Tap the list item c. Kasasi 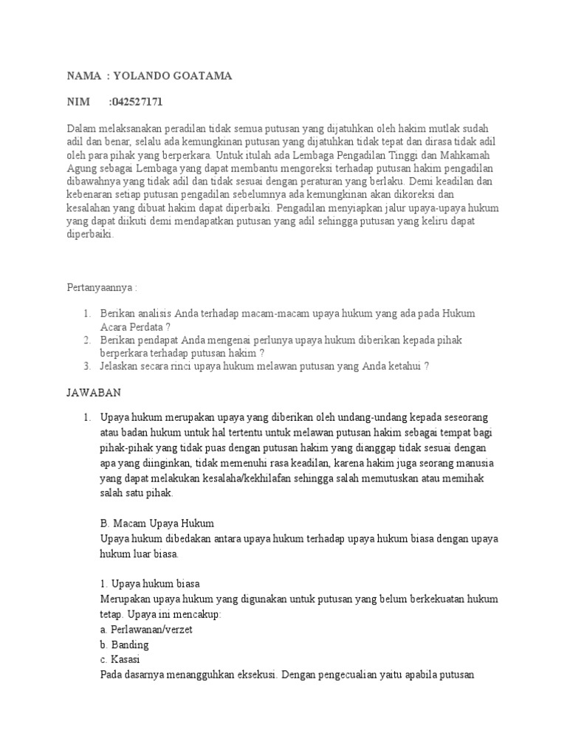click(x=121, y=659)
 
